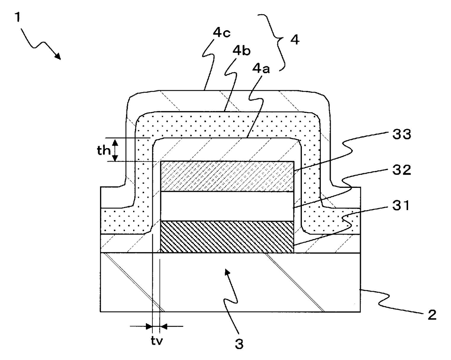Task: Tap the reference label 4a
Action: tap(261, 69)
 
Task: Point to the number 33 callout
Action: tap(402, 134)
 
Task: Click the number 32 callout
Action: tap(401, 170)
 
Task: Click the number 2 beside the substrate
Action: tap(432, 314)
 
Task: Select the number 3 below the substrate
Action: tap(239, 343)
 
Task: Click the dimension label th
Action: tap(103, 150)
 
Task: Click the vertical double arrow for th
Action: tap(115, 150)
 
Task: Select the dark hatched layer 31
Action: tap(227, 237)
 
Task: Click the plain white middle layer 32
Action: tap(227, 206)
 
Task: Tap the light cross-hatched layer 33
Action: tap(227, 177)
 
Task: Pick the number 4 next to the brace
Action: tap(295, 39)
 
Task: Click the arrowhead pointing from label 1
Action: tap(57, 55)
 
